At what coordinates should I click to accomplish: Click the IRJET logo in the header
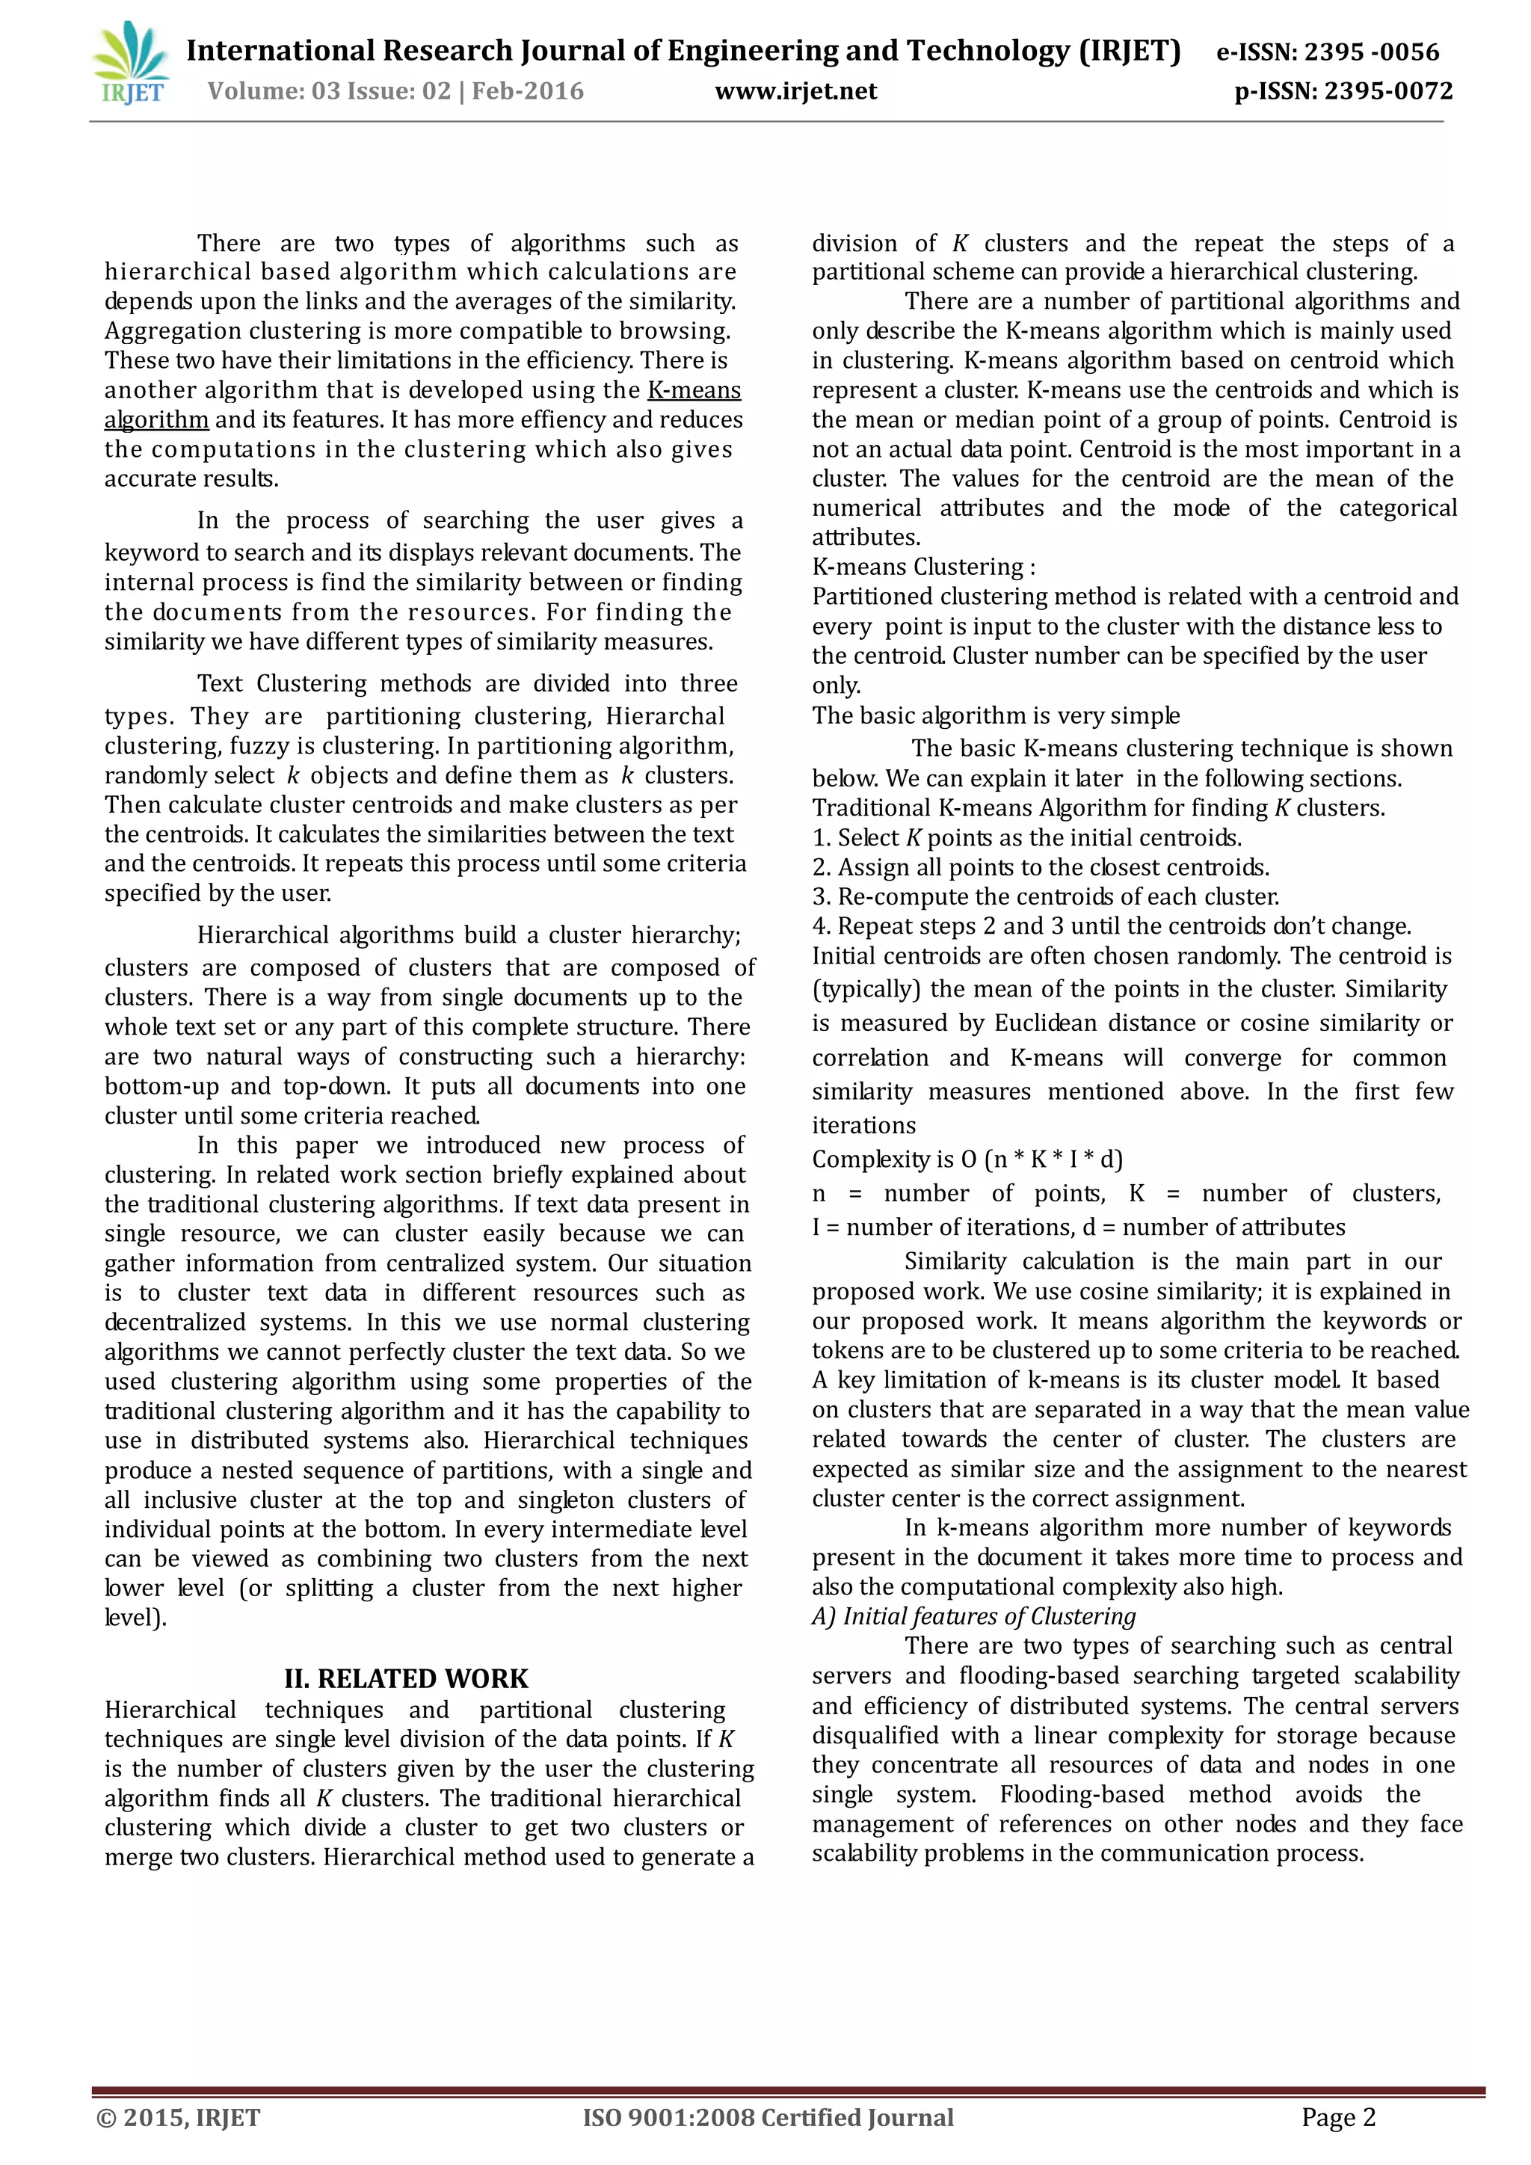pyautogui.click(x=131, y=64)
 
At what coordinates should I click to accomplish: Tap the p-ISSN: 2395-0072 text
pyautogui.click(x=1343, y=91)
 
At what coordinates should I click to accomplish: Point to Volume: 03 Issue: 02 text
pyautogui.click(x=329, y=91)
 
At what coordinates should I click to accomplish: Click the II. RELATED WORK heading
pyautogui.click(x=407, y=1678)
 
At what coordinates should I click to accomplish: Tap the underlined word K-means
pyautogui.click(x=694, y=389)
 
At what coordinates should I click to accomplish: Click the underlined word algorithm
pyautogui.click(x=156, y=419)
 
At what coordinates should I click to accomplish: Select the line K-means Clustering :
pyautogui.click(x=923, y=567)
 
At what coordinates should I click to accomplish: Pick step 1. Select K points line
pyautogui.click(x=1026, y=837)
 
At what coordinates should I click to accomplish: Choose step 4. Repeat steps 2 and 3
pyautogui.click(x=1111, y=926)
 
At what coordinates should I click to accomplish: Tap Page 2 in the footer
pyautogui.click(x=1337, y=2118)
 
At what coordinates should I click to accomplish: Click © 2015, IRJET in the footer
pyautogui.click(x=178, y=2118)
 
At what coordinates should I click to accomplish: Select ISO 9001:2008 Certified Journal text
pyautogui.click(x=768, y=2118)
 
